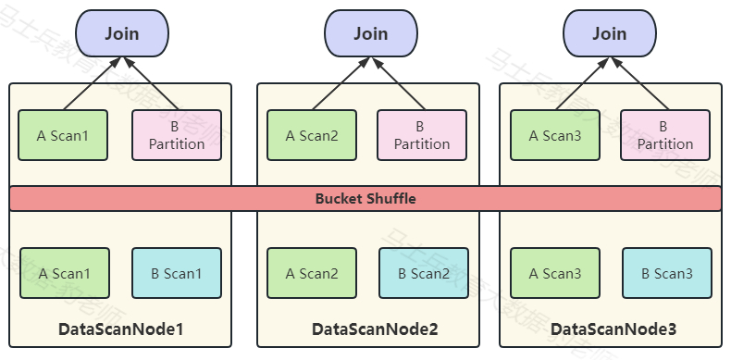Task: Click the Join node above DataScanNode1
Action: pos(121,34)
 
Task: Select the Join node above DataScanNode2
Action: pos(369,34)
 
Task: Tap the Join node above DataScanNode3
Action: pos(609,34)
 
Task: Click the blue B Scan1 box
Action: pos(177,273)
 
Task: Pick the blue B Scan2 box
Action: pos(423,273)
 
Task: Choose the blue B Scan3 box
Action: pos(666,273)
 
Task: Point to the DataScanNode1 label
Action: pos(121,329)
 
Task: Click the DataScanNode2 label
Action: pos(374,329)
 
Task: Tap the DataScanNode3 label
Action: pos(613,329)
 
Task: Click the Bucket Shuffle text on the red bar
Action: pos(365,199)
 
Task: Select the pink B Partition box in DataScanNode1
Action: pos(177,135)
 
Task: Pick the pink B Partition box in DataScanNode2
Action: pos(422,135)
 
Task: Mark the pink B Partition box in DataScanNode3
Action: pos(664,135)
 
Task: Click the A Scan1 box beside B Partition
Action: pos(64,135)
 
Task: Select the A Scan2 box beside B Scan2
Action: pos(312,273)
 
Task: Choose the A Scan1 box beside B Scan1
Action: pos(64,273)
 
